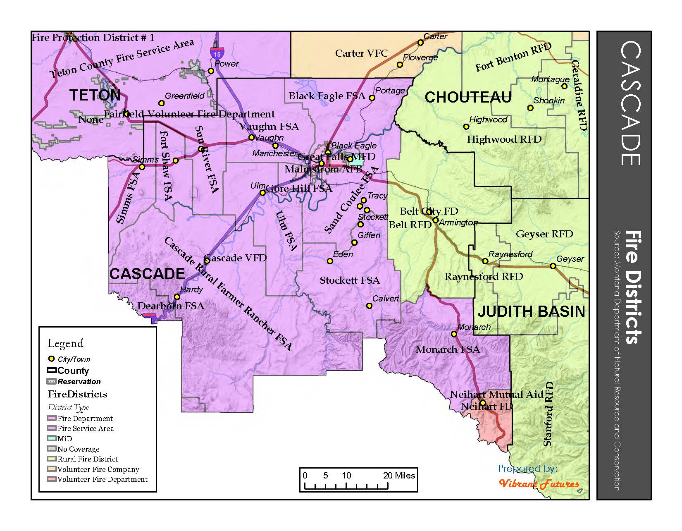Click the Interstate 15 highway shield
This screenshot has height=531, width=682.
pos(217,53)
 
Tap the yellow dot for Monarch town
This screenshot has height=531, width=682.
pos(454,334)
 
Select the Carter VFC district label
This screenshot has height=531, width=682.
pos(361,53)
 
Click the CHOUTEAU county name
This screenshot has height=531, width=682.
pos(468,98)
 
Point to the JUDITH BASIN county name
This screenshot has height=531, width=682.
pos(531,311)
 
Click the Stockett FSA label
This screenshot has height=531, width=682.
pos(350,280)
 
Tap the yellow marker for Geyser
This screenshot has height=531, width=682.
pos(553,266)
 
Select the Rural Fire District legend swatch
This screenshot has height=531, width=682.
pos(52,459)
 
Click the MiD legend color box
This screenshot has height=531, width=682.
pos(52,439)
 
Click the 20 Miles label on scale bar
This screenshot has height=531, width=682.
pos(399,476)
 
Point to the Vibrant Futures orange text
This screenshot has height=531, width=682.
pos(539,484)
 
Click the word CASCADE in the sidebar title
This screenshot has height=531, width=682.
pos(630,103)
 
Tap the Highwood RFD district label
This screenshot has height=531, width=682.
pos(504,139)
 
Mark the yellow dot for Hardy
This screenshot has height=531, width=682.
pos(177,297)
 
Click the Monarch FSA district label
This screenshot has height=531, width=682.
pos(448,349)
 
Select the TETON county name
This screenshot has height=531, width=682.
pos(95,96)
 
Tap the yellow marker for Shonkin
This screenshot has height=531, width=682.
pos(530,108)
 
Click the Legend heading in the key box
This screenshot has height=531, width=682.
pos(65,343)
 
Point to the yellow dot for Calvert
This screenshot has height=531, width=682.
pos(370,306)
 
